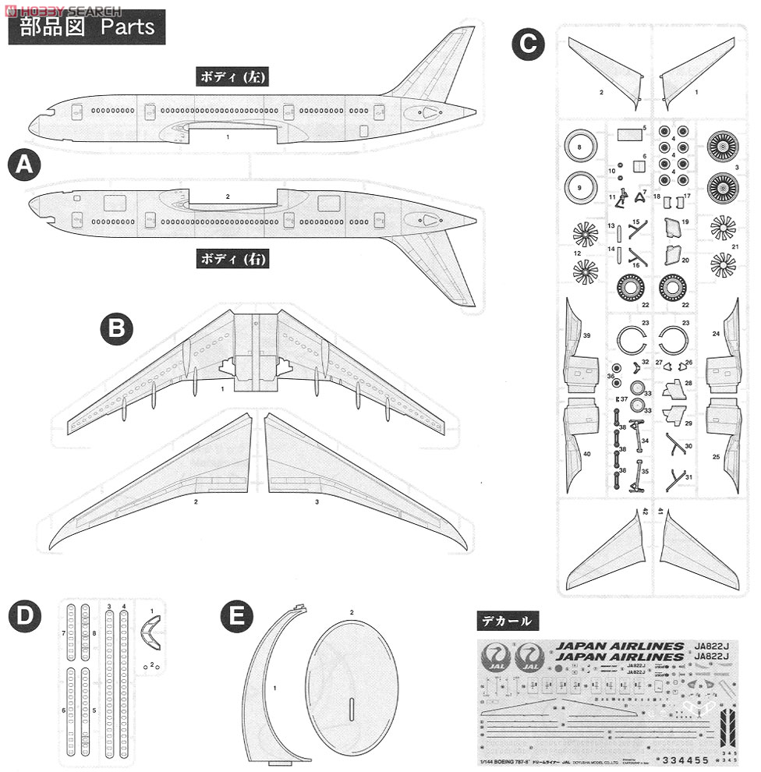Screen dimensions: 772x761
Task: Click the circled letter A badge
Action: tap(24, 166)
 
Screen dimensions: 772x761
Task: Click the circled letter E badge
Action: tap(236, 616)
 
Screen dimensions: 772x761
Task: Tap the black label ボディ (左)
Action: tap(232, 76)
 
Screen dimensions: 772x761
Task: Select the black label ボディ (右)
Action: tap(232, 258)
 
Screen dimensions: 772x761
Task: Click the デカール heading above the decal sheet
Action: tap(508, 621)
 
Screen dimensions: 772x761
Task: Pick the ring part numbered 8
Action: tap(580, 146)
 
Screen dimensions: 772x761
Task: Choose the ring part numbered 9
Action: tap(580, 186)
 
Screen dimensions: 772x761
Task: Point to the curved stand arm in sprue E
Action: tap(269, 686)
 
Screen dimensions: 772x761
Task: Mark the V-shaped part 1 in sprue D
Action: tap(150, 630)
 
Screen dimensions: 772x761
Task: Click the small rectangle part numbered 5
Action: tap(628, 134)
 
